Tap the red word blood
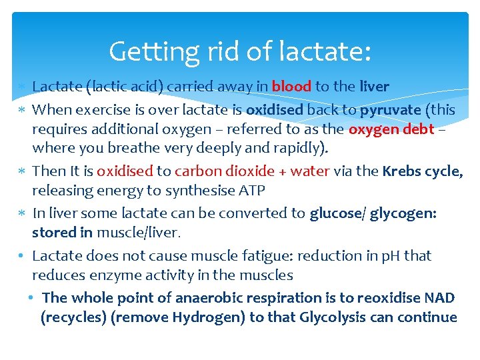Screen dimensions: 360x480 [292, 87]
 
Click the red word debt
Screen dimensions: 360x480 [419, 129]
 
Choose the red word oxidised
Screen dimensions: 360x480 [125, 171]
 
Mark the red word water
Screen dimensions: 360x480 [310, 171]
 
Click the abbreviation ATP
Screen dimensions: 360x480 [251, 191]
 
